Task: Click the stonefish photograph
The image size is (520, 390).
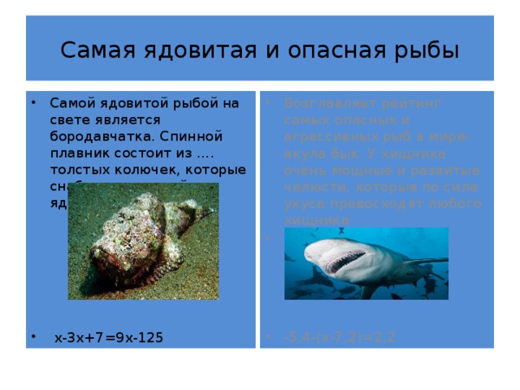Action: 143,241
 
